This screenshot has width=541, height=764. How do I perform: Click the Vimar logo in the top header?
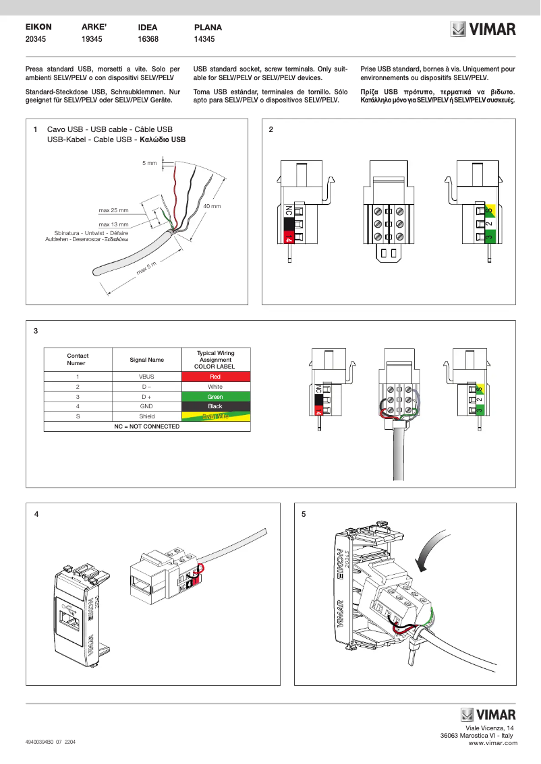tap(483, 30)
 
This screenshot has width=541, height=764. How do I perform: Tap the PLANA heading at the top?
tap(208, 28)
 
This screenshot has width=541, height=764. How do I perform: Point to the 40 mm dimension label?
tap(212, 205)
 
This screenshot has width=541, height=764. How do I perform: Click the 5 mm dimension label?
tap(149, 163)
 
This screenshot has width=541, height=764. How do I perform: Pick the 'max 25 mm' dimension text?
tap(113, 210)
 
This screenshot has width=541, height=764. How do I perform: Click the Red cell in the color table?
tap(215, 377)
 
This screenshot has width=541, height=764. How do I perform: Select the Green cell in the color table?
tap(215, 397)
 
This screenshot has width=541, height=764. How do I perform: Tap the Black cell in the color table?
tap(215, 406)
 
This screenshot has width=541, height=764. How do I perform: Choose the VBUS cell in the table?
tap(146, 377)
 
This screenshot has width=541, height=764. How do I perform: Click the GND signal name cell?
tap(146, 406)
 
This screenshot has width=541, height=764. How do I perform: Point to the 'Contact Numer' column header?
tap(78, 359)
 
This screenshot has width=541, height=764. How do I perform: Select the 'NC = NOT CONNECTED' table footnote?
tap(146, 426)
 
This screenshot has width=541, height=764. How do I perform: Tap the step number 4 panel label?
tap(36, 514)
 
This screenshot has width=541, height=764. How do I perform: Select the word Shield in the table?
tap(146, 416)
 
